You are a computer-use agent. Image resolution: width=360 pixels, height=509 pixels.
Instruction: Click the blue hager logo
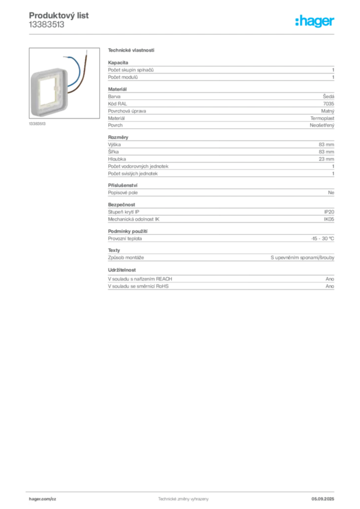point(315,22)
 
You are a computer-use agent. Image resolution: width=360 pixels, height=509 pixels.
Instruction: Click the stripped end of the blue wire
point(62,54)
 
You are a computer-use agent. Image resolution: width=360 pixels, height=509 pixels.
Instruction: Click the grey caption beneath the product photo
point(37,124)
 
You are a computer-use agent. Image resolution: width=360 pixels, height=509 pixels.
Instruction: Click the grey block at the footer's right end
point(327,496)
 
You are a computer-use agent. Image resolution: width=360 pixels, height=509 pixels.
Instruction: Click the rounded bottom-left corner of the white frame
point(33,116)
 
